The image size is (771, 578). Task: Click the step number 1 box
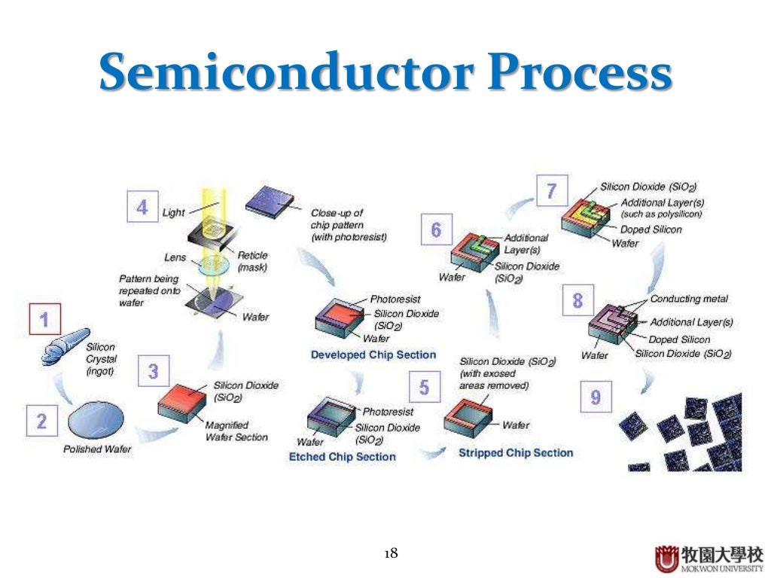pos(44,321)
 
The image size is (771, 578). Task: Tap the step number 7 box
pos(551,191)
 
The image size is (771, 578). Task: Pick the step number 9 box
pos(596,397)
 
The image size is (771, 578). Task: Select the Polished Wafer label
pos(96,449)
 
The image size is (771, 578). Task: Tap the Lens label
pos(175,257)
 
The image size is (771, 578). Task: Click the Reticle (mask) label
pos(252,261)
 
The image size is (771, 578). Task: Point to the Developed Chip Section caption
pos(373,355)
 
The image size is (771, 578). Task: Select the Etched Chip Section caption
pos(342,457)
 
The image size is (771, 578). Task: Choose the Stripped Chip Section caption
pos(516,453)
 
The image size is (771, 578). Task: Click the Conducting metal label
pos(689,299)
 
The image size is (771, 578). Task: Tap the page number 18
pos(391,553)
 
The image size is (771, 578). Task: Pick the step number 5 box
pos(424,388)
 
